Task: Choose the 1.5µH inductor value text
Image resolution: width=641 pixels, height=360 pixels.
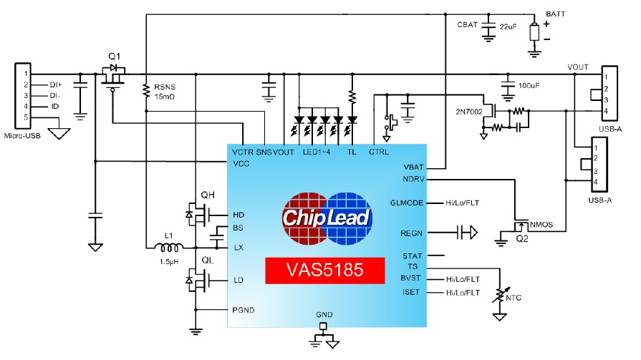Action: pos(169,262)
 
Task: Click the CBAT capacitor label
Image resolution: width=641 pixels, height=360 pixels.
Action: pos(468,26)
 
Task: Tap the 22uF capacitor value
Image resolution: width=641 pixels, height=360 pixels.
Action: pos(507,26)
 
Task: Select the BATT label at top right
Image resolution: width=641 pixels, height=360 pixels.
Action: pos(556,14)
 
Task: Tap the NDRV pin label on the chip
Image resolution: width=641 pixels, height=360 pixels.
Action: pos(414,178)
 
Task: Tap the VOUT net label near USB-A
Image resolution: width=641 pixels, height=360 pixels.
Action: pos(578,67)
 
